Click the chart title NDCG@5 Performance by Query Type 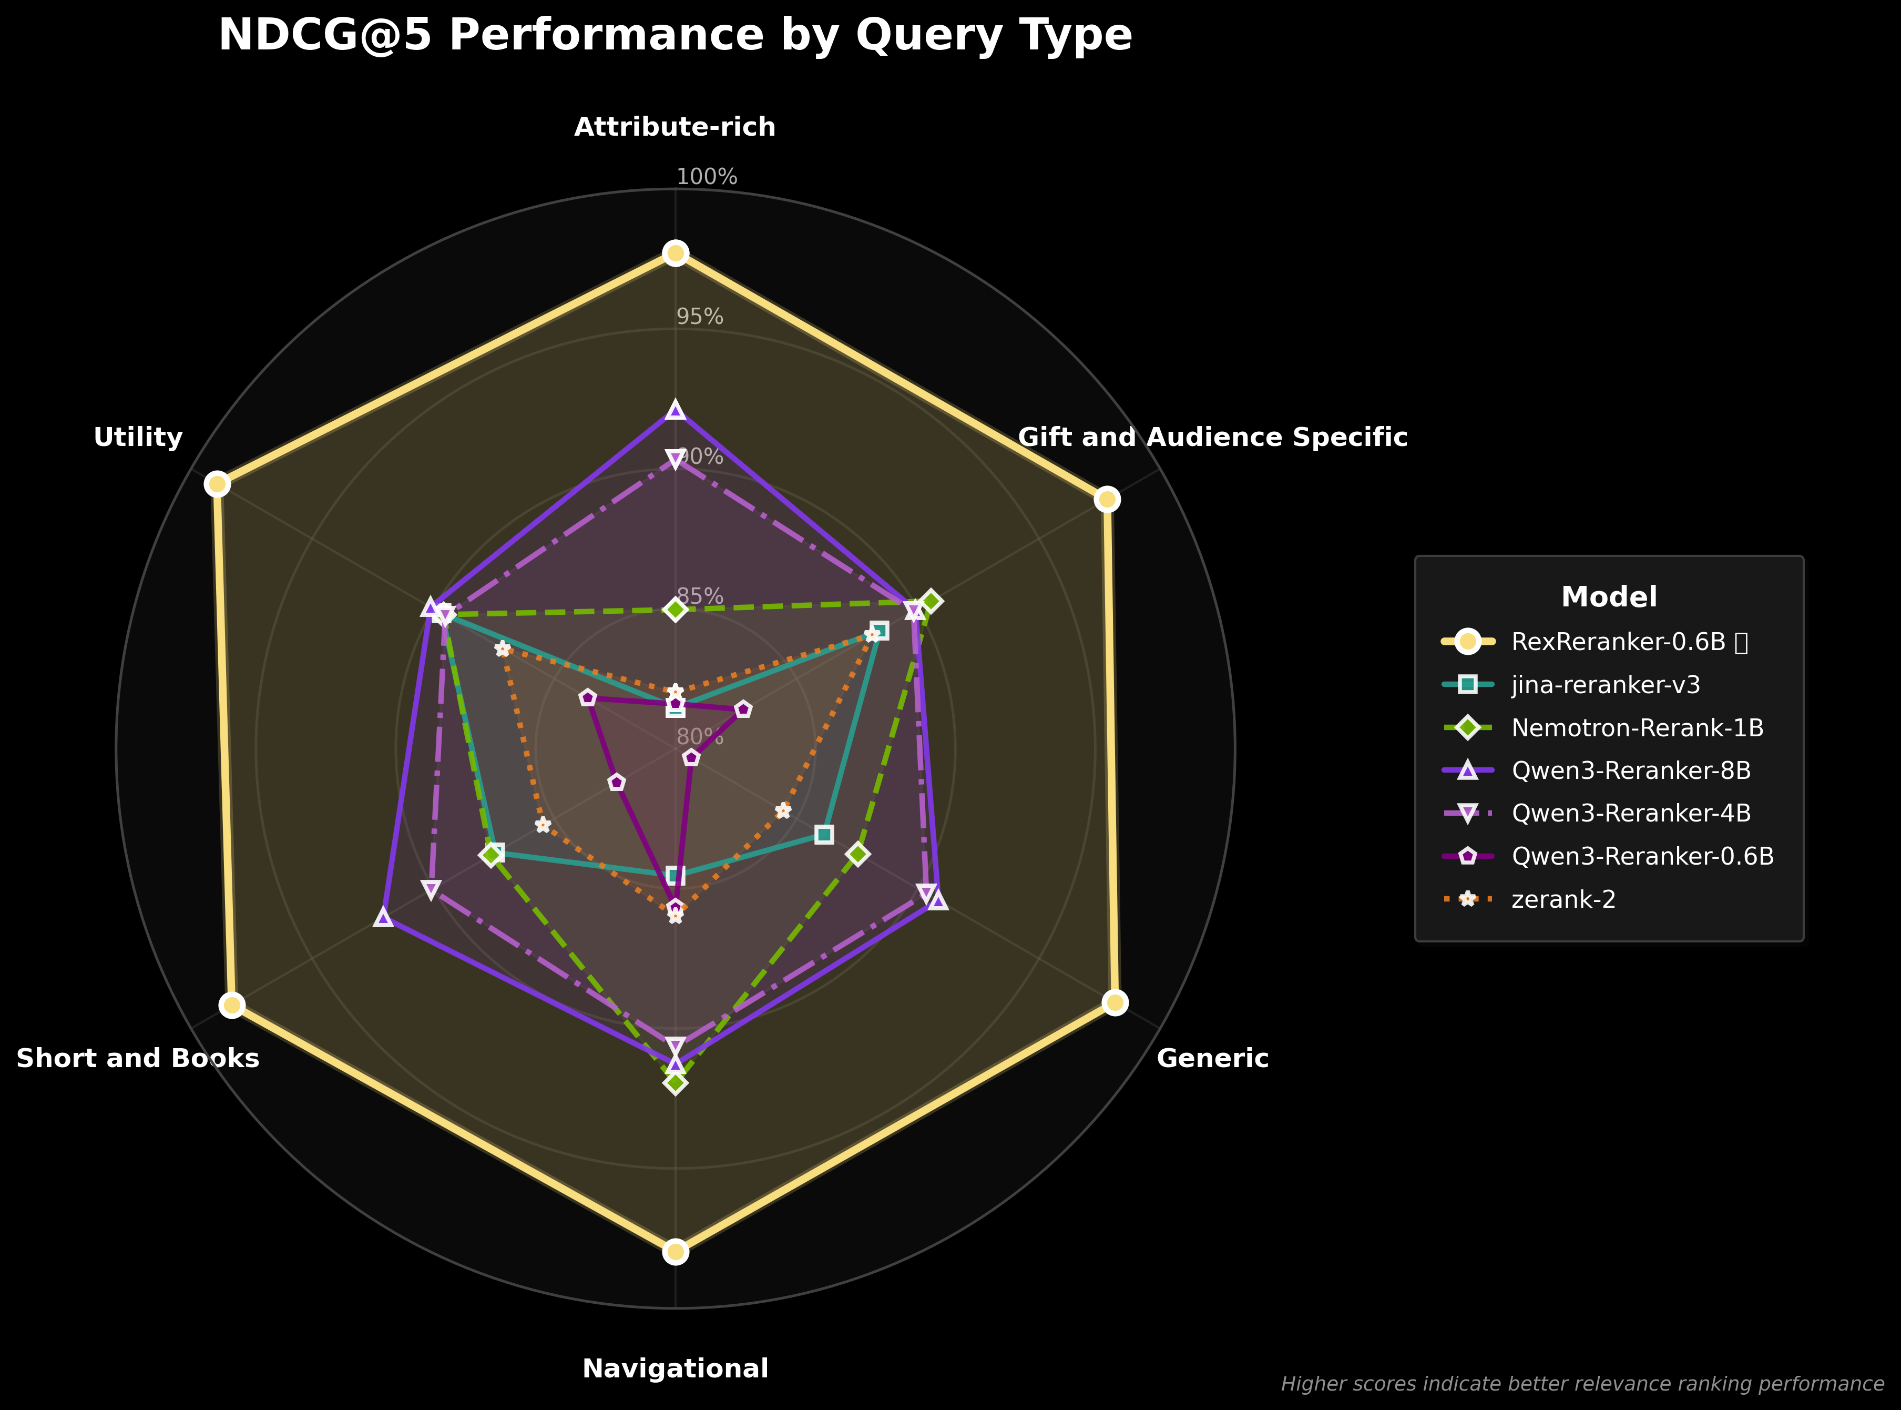tap(675, 36)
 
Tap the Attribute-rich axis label tap(675, 127)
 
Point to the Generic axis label tap(1212, 1058)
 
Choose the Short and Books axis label tap(137, 1058)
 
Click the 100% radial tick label tap(707, 177)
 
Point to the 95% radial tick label tap(700, 317)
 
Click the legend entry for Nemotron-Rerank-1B tap(1637, 728)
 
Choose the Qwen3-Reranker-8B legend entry tap(1631, 770)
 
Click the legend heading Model tap(1608, 596)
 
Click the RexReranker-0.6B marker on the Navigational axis tap(675, 1252)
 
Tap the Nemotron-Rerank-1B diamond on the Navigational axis tap(675, 1083)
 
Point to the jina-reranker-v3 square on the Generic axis tap(823, 834)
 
